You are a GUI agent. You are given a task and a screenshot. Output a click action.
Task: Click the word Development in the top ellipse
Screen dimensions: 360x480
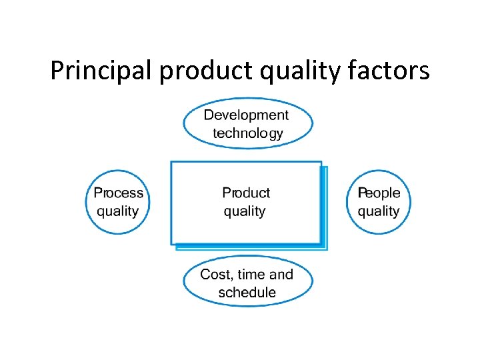(246, 115)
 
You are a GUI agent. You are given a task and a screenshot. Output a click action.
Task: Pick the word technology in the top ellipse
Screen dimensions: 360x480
(247, 133)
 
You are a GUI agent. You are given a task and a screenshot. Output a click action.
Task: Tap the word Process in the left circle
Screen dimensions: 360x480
(118, 193)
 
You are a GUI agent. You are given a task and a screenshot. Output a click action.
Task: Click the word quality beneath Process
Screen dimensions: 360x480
(118, 212)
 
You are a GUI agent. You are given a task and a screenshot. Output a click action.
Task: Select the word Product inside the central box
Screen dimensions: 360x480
(246, 193)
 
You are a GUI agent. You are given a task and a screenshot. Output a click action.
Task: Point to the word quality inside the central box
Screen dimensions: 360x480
(245, 212)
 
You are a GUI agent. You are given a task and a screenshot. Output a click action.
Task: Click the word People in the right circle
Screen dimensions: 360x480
(379, 193)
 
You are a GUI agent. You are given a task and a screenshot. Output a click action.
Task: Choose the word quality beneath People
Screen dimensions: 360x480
(379, 212)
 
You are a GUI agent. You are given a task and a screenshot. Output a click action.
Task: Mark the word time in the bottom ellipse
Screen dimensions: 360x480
(252, 275)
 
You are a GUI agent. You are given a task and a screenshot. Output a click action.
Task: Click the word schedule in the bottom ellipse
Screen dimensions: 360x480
(247, 293)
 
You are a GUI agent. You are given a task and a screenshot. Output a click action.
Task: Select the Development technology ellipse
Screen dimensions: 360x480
(248, 124)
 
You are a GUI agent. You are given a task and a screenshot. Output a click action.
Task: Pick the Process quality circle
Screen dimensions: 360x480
(118, 202)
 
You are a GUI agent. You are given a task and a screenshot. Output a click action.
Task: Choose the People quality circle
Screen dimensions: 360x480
(379, 202)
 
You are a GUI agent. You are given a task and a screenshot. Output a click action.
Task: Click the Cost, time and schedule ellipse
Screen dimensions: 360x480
(248, 283)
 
